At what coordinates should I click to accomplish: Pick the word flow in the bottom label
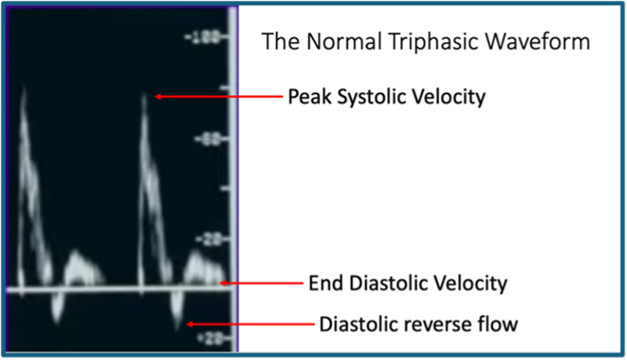coord(498,323)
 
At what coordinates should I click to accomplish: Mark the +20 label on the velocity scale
coord(208,337)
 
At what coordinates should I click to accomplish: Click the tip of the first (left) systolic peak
coord(24,90)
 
